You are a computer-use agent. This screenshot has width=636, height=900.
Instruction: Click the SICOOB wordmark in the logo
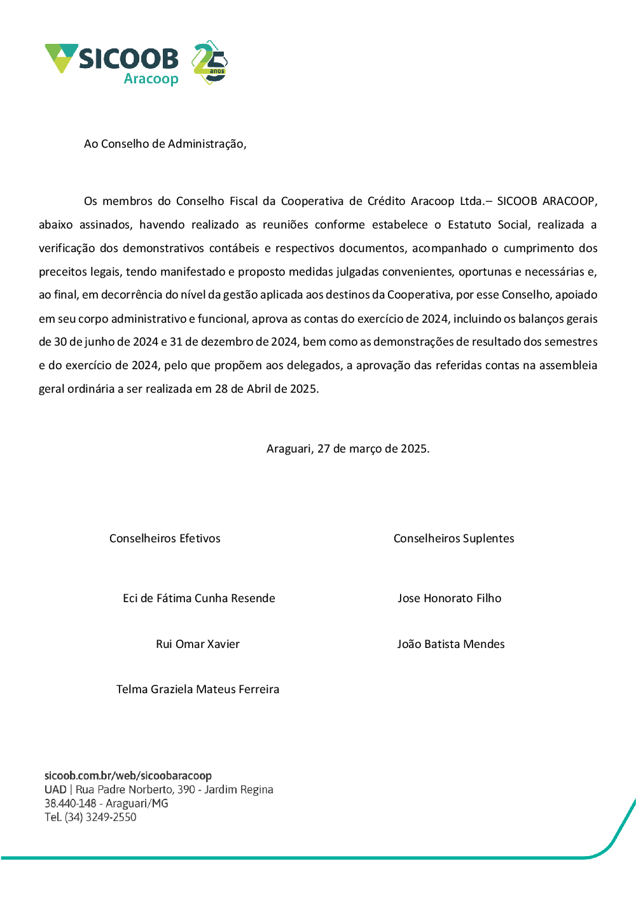click(x=128, y=59)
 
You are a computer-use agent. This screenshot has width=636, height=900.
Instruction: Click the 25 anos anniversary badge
click(x=210, y=63)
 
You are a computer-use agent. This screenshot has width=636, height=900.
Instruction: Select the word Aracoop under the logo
click(x=151, y=79)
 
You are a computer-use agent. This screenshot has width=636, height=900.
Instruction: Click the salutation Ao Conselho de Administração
click(x=165, y=144)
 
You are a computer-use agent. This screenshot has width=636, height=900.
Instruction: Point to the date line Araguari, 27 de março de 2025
click(x=348, y=449)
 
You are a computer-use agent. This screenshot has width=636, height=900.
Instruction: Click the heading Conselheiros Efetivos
click(x=165, y=538)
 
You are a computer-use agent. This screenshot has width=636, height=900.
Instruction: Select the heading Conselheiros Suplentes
click(x=453, y=538)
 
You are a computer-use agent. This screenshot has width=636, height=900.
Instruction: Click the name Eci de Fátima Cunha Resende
click(x=198, y=598)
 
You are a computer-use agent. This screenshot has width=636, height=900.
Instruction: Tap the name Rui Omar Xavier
click(x=198, y=644)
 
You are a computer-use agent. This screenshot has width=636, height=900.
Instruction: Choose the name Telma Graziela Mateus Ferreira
click(x=198, y=689)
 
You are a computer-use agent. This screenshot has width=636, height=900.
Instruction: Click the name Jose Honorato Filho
click(x=450, y=598)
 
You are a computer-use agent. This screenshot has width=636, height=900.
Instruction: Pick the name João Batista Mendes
click(x=451, y=644)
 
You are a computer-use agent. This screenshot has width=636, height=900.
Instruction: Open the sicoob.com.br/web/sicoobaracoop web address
click(x=128, y=776)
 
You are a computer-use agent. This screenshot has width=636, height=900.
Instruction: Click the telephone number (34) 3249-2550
click(x=100, y=817)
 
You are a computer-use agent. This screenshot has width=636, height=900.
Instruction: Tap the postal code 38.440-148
click(x=70, y=803)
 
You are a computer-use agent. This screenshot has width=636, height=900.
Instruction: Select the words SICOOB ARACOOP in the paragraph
click(x=546, y=201)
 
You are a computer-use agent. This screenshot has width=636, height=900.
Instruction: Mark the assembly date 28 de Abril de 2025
click(x=266, y=389)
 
